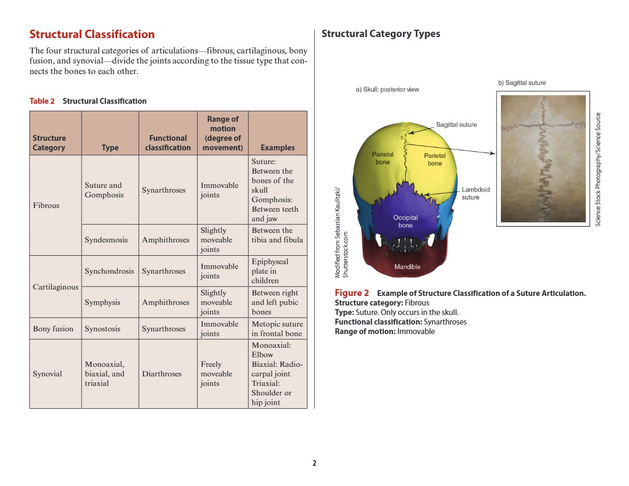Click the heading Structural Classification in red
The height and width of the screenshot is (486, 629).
coord(92,34)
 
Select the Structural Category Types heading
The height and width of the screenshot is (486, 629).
coord(381,34)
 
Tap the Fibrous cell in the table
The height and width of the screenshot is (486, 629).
coord(46,205)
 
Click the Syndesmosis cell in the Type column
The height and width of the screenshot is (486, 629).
coord(106,240)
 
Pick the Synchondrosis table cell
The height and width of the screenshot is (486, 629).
coord(109,271)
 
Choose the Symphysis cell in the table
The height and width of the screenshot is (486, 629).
coord(102,302)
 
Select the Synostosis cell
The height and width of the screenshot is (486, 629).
coord(102,329)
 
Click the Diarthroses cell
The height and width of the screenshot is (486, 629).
coord(161,374)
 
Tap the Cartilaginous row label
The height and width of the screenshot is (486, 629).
coord(55,287)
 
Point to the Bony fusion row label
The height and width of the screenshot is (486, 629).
coord(53,329)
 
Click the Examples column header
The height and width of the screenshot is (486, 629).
coord(277,148)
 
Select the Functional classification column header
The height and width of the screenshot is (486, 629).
coord(168,143)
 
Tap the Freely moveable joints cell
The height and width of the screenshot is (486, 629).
coord(216,374)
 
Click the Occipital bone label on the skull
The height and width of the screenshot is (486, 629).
coord(406,221)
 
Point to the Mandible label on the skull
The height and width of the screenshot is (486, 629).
coord(407,267)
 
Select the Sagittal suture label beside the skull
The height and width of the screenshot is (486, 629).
coord(456,125)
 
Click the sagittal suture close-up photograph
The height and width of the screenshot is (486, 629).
coord(543,158)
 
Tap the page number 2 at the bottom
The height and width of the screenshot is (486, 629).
coord(314,463)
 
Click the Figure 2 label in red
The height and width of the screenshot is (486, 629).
coord(352,293)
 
